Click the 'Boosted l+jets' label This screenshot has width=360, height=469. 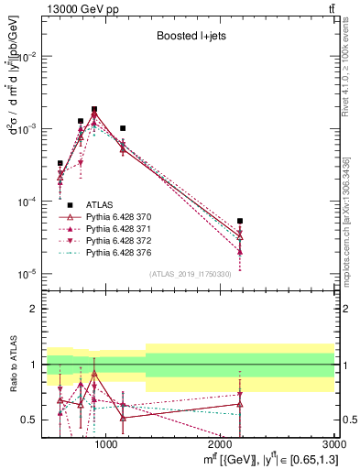point(189,36)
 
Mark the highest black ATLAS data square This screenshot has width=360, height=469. point(94,109)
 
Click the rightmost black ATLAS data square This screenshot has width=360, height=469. point(240,221)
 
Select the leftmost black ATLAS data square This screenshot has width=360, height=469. point(60,163)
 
